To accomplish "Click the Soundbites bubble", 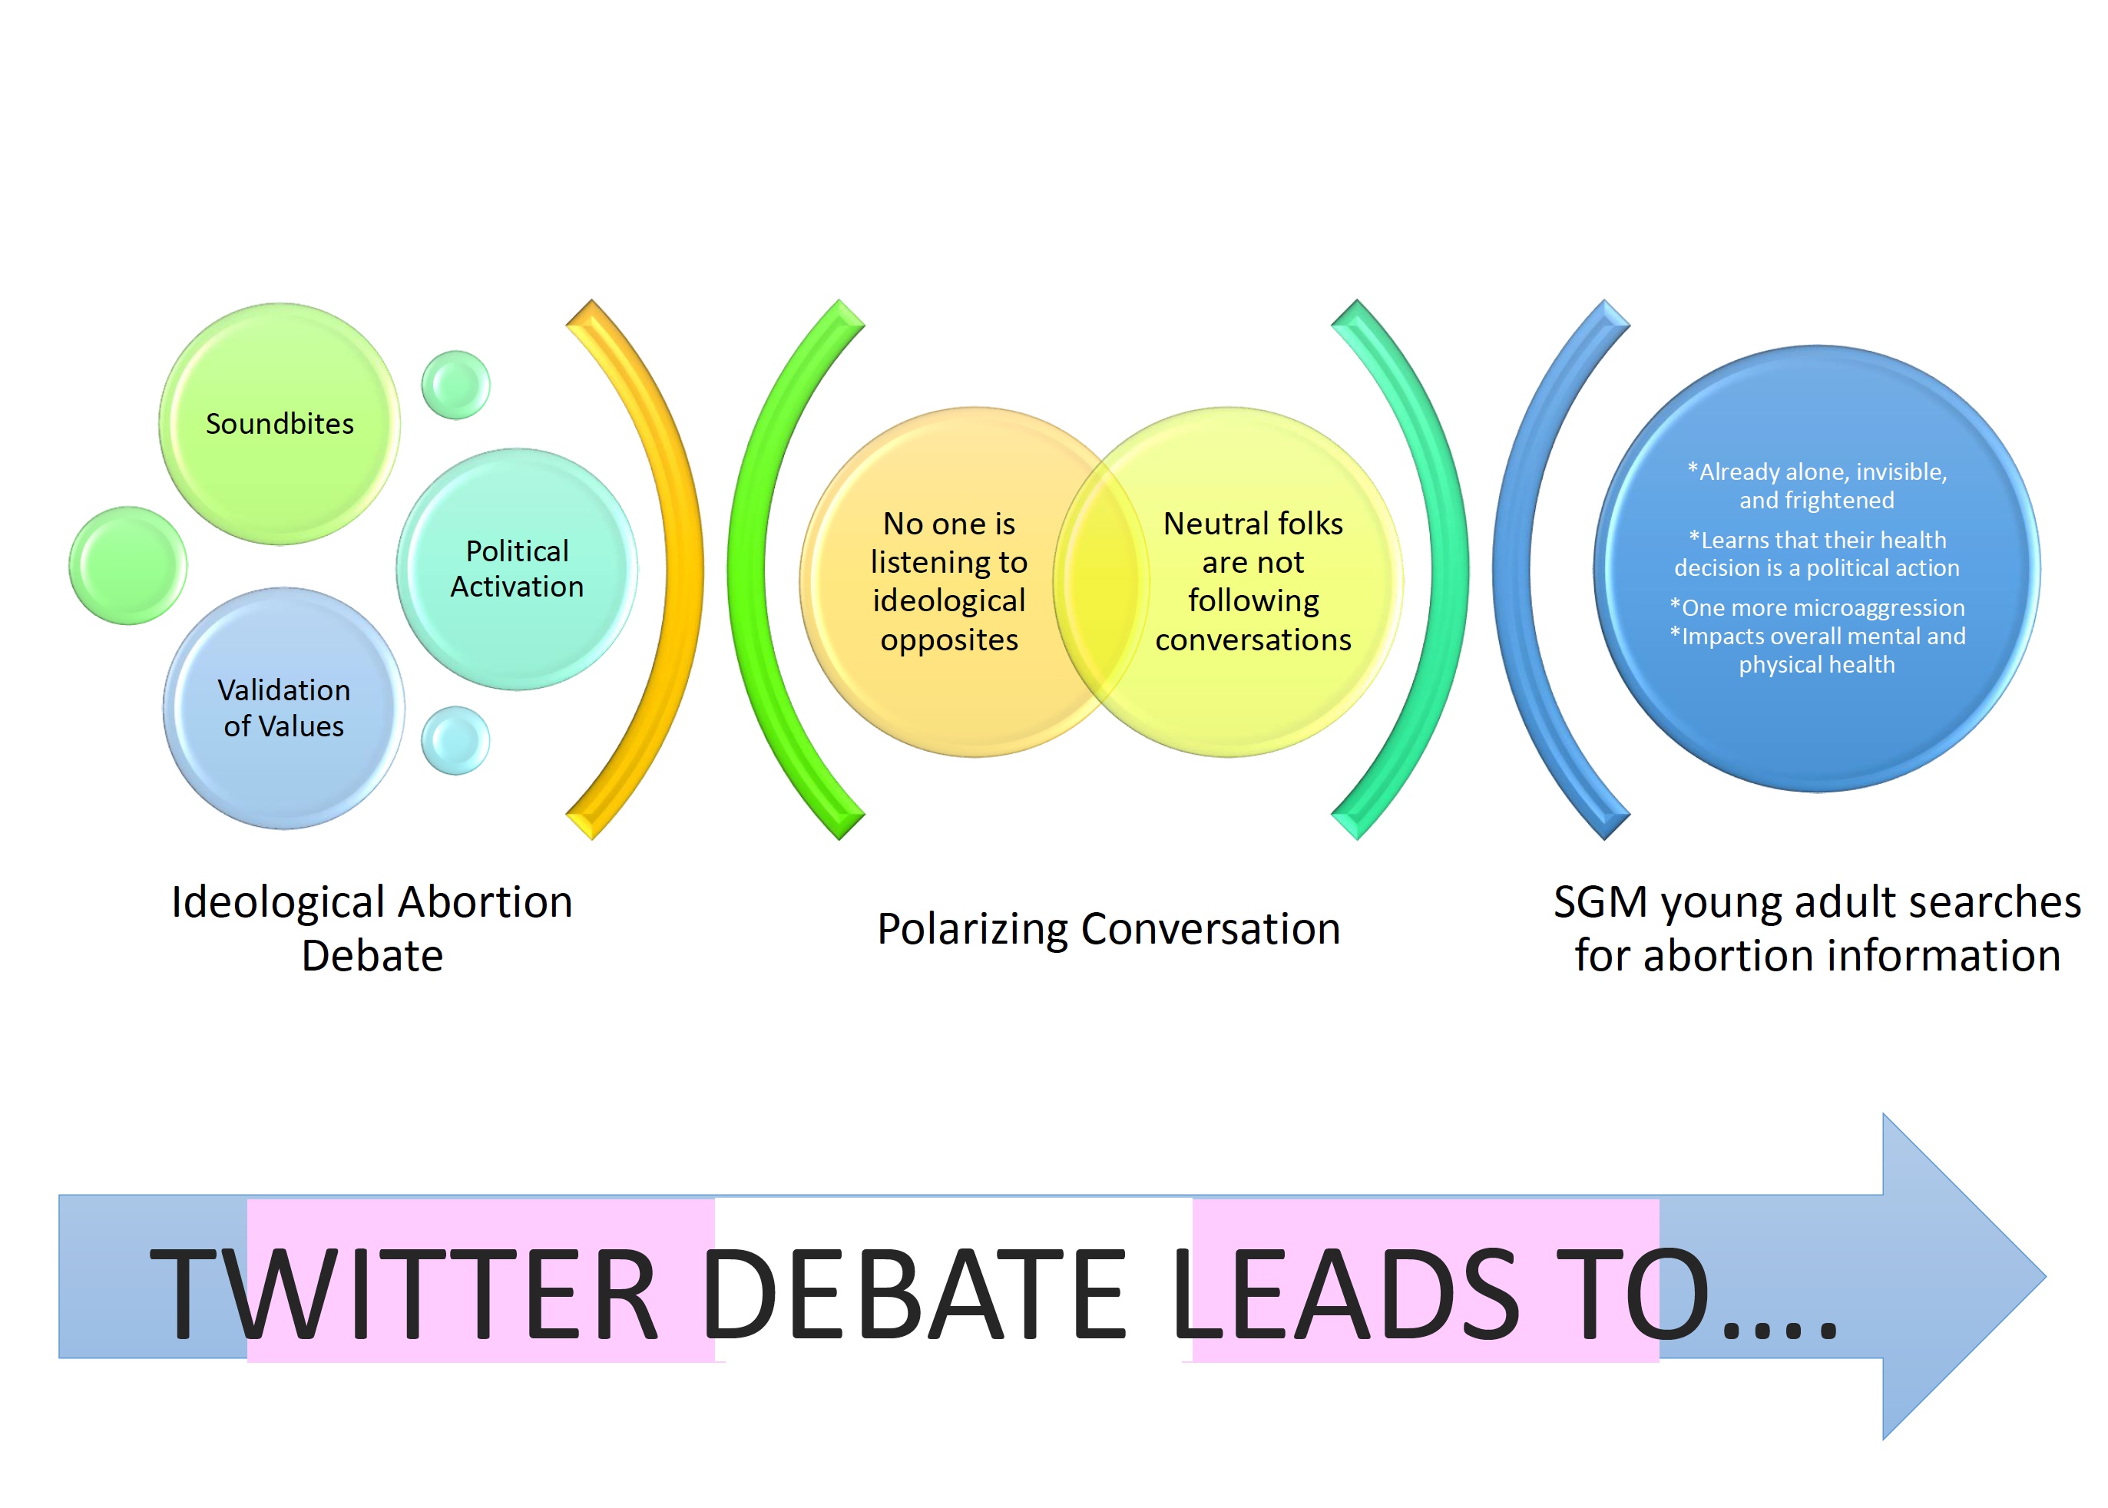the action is (x=280, y=423).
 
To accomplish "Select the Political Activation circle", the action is (x=518, y=569).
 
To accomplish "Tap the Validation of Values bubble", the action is (x=284, y=708).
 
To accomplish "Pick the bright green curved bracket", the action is (x=746, y=569).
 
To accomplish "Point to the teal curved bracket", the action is (x=1451, y=569).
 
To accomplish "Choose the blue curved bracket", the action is (x=1512, y=569).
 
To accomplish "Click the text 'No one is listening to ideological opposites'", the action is (x=949, y=581).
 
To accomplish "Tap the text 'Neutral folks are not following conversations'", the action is (x=1253, y=581).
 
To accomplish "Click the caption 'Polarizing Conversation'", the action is (x=1109, y=928).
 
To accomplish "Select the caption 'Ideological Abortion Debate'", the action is (x=372, y=928).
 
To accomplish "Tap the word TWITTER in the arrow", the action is (x=404, y=1295).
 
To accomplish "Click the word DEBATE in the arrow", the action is (x=914, y=1295).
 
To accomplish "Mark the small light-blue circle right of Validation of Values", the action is (x=456, y=740).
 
